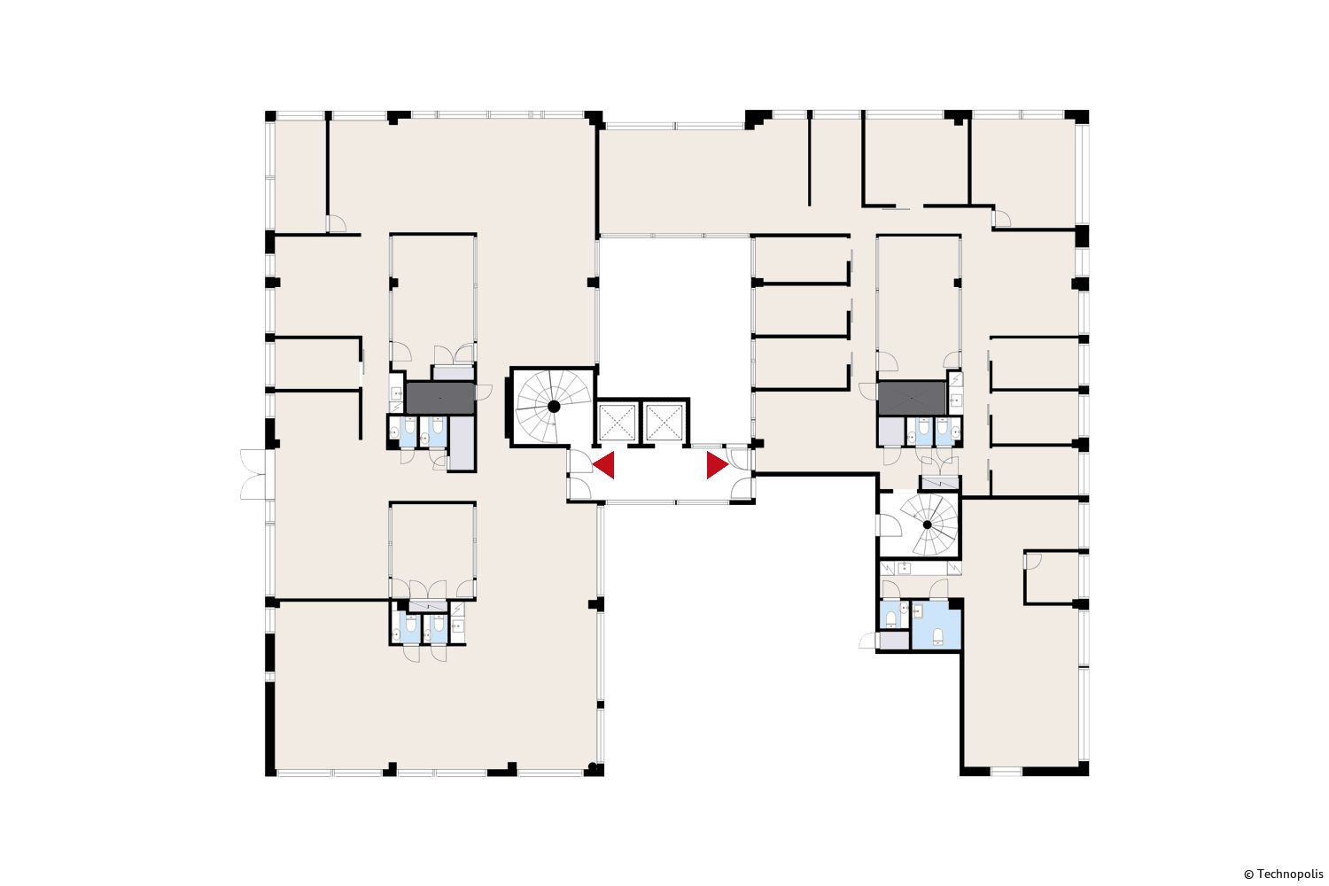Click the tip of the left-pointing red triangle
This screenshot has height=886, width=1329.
click(593, 465)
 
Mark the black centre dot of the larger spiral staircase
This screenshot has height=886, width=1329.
click(554, 407)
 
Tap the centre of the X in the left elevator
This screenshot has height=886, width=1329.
click(617, 423)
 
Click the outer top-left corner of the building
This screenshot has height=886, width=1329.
click(265, 111)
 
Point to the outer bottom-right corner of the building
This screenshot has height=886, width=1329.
click(1089, 775)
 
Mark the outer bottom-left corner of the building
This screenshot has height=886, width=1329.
click(265, 776)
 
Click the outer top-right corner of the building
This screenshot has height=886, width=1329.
click(1089, 111)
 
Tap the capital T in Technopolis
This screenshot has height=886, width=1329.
click(1260, 874)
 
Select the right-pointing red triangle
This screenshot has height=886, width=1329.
click(718, 465)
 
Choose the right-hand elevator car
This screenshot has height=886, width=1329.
click(664, 423)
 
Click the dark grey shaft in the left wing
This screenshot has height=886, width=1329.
click(440, 398)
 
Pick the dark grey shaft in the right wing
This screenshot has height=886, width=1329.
click(912, 398)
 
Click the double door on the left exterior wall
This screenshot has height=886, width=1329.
click(254, 474)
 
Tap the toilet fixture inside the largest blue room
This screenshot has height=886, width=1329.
click(938, 637)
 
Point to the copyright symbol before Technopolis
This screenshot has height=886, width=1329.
click(1249, 874)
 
